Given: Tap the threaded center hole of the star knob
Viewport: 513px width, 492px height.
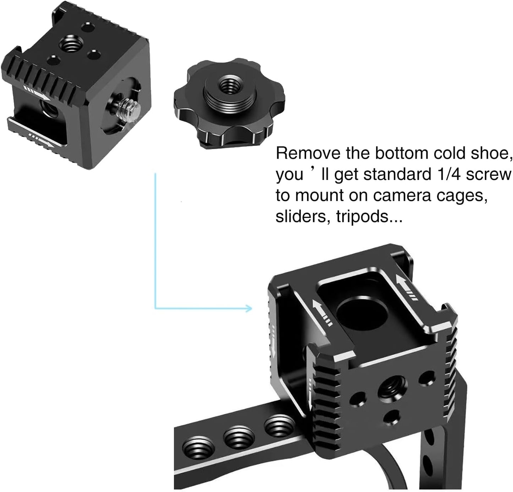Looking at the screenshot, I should pos(225,86).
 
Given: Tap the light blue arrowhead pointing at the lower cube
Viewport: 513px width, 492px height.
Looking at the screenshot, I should pos(249,308).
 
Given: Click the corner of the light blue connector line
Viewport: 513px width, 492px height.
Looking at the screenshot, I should pos(155,308).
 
